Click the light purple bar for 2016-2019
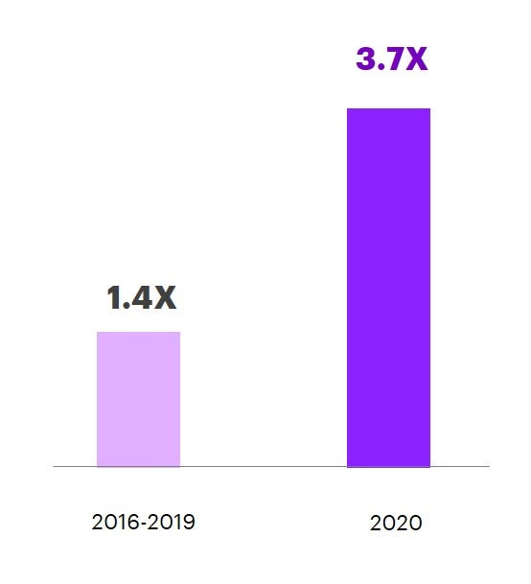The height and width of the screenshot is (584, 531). click(x=138, y=399)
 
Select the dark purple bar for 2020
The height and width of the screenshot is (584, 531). click(x=388, y=288)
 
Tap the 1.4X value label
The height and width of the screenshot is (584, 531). click(x=142, y=298)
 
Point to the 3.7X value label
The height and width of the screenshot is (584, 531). click(x=391, y=59)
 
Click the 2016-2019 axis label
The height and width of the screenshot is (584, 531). click(x=144, y=523)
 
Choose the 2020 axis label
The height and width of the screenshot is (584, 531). click(x=395, y=524)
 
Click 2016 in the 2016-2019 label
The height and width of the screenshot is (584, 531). click(x=112, y=523)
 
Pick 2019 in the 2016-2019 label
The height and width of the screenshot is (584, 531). click(x=174, y=523)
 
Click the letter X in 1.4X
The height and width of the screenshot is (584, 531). click(x=165, y=298)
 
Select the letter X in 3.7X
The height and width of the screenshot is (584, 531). click(x=414, y=59)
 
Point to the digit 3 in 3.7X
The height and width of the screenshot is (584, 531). click(x=367, y=59)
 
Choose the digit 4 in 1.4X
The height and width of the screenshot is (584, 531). click(x=141, y=298)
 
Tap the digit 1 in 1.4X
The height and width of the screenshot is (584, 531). click(x=114, y=298)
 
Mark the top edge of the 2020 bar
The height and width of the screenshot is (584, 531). click(x=388, y=109)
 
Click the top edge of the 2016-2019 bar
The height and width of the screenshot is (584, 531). click(x=138, y=333)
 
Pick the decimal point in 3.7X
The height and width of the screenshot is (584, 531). click(x=381, y=68)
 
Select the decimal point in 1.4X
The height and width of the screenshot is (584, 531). click(x=127, y=307)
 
